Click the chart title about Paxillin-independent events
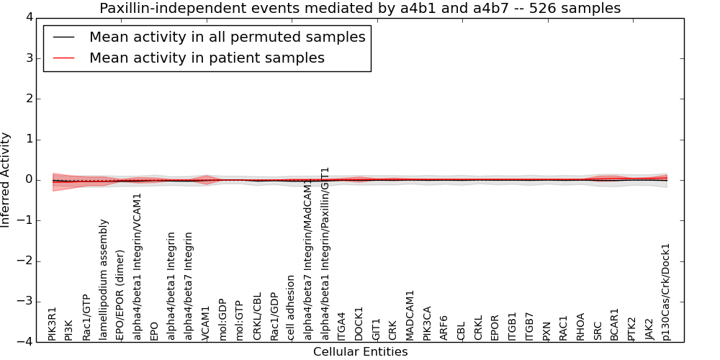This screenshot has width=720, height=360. [360, 9]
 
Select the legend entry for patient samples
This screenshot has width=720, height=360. [207, 58]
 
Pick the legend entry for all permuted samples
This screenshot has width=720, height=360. [227, 37]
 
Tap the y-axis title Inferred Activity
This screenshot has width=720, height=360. [6, 179]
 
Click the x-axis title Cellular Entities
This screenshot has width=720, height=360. [360, 352]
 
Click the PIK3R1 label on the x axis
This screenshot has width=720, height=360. [53, 324]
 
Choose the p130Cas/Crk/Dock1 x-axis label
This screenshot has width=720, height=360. [666, 292]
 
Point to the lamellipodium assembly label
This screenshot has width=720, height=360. [104, 279]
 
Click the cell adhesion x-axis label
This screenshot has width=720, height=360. [291, 307]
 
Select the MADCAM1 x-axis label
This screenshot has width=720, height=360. [410, 315]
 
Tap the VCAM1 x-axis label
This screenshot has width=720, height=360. [206, 323]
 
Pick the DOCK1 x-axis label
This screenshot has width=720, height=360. [359, 324]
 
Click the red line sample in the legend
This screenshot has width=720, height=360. [63, 58]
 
